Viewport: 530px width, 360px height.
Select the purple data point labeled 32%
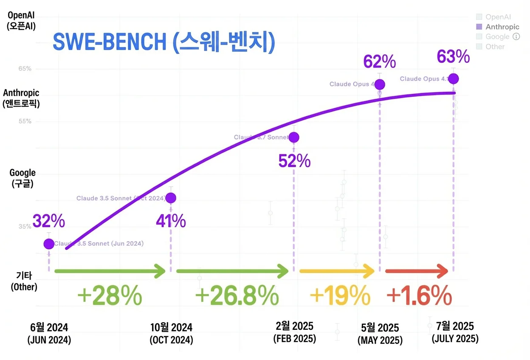click(x=49, y=244)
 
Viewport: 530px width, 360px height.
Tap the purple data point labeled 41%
click(x=171, y=198)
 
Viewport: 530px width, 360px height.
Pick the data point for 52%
click(x=293, y=137)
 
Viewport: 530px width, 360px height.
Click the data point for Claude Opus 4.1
click(x=454, y=79)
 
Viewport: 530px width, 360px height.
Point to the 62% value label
click(x=379, y=62)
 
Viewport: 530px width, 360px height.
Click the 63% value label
click(x=454, y=56)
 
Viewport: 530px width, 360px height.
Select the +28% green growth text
click(x=110, y=295)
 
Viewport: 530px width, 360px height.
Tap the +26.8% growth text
click(x=237, y=295)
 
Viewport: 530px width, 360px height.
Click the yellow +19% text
click(x=340, y=295)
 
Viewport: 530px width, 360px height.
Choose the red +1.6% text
click(x=419, y=295)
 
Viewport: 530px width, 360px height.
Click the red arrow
click(x=416, y=271)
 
